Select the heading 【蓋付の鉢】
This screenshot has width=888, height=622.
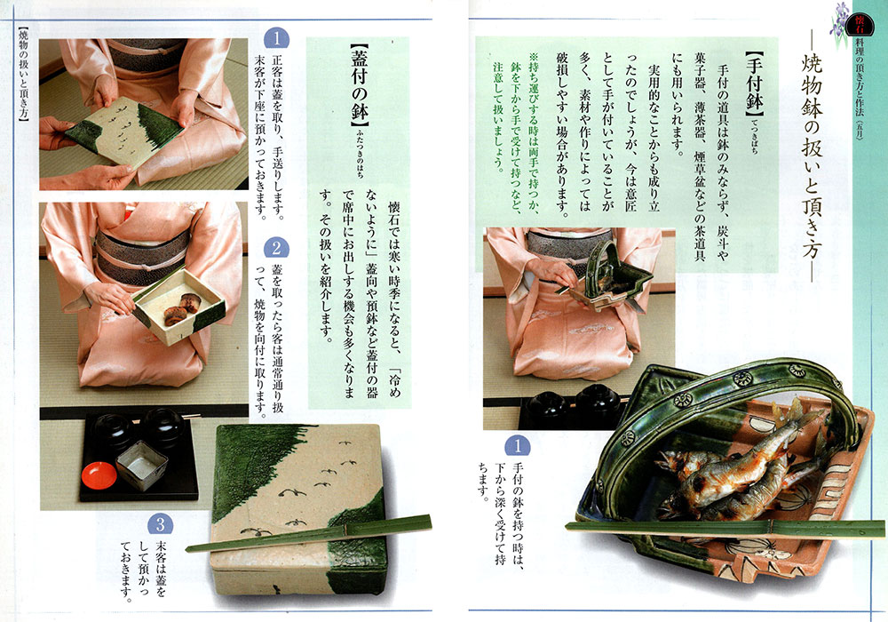(x=360, y=85)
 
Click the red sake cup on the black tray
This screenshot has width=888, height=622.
(x=99, y=476)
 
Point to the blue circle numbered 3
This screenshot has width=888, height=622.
(x=160, y=524)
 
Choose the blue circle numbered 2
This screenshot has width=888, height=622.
(x=276, y=248)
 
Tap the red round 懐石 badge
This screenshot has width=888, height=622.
(x=860, y=24)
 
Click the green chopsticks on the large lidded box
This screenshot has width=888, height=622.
(x=309, y=533)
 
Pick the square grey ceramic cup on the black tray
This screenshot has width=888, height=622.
(x=141, y=465)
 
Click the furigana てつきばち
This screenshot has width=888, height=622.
(x=755, y=136)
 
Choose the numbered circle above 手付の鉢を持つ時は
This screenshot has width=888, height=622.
(x=517, y=446)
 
